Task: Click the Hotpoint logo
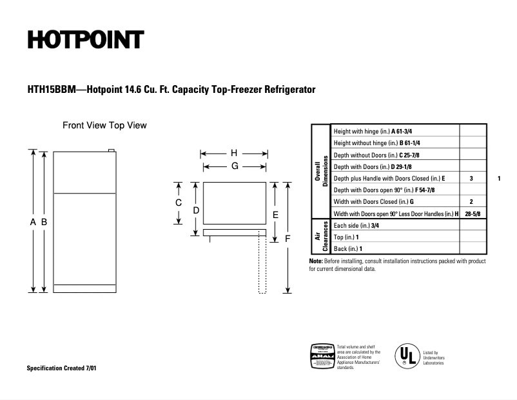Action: [x=84, y=40]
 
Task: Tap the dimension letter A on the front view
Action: [x=33, y=222]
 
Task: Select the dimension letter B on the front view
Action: [x=44, y=222]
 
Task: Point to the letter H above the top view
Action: [x=234, y=154]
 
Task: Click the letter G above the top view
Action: [x=235, y=166]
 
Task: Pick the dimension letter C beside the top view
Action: [x=179, y=203]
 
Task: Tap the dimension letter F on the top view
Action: [x=288, y=238]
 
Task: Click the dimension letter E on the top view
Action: [x=275, y=214]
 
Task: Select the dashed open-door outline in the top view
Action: [x=262, y=265]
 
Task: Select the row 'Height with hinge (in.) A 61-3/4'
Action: [x=395, y=131]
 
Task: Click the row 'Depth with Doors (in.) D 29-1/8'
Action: [x=395, y=166]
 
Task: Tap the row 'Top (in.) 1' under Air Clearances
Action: [x=395, y=237]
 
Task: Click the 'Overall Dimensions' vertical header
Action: [x=321, y=171]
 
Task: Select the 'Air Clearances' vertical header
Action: [x=321, y=237]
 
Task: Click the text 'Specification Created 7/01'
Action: [x=62, y=368]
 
